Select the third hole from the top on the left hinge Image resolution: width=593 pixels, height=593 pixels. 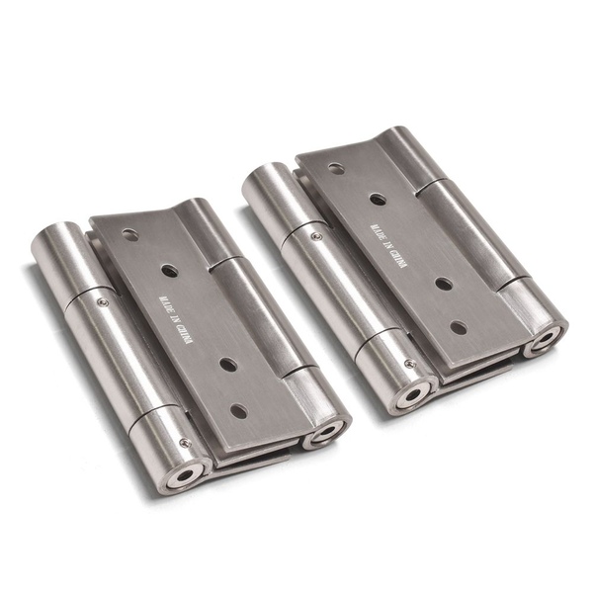pos(227,364)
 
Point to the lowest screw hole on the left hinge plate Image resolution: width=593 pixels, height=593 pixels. pos(239,409)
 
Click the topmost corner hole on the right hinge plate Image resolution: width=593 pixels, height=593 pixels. pos(335,167)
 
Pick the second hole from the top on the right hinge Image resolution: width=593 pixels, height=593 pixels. pos(377,199)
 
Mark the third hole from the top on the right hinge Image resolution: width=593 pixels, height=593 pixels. pos(443,283)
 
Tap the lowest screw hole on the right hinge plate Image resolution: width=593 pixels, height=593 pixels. pos(458,326)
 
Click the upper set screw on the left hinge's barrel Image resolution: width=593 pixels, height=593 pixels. pos(102,301)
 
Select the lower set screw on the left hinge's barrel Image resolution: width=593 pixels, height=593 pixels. pos(184,443)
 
